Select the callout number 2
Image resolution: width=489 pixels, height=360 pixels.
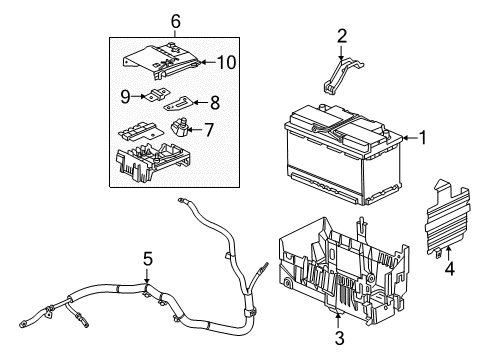[x=342, y=38]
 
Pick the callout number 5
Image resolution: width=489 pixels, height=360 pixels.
[x=147, y=260]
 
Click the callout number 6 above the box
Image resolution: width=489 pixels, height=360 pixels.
[x=175, y=21]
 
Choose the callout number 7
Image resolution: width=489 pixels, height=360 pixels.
[x=209, y=129]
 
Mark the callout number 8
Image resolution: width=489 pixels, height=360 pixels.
[x=212, y=102]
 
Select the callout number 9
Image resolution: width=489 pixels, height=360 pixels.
[x=127, y=97]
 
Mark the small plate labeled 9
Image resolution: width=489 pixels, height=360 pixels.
[x=152, y=97]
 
